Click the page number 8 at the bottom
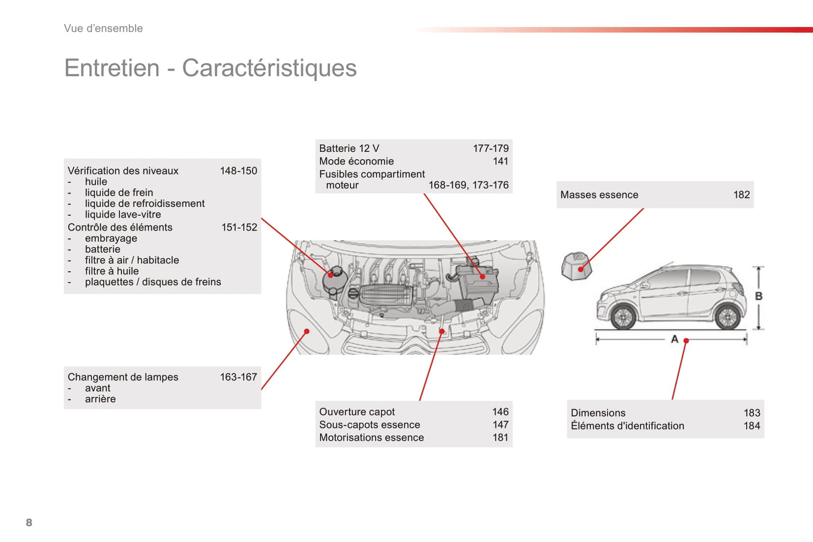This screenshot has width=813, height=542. point(29,522)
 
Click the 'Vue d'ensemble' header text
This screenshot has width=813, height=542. point(103,28)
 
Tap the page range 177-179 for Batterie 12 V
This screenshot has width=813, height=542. point(491,148)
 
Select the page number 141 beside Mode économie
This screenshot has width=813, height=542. point(501,161)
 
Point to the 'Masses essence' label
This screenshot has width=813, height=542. point(599,195)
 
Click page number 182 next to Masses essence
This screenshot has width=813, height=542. point(742,195)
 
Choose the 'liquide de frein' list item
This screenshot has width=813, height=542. point(119,193)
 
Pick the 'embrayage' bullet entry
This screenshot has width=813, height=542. point(111,238)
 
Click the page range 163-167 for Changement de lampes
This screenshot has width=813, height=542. point(239,377)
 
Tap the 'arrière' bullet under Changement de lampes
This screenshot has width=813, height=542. point(100,399)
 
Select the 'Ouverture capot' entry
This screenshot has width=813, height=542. point(357,412)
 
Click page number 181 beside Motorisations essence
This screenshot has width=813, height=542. point(501,437)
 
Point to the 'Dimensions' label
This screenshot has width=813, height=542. point(598,413)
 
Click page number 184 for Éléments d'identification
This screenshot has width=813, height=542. point(752,426)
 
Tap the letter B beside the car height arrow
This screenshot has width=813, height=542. point(758,296)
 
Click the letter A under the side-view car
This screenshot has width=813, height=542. point(675,339)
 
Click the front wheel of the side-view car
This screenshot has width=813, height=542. point(623,317)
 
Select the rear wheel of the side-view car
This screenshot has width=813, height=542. point(727,317)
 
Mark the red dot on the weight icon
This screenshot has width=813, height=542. point(581,269)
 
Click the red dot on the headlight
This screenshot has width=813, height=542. point(307,331)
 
